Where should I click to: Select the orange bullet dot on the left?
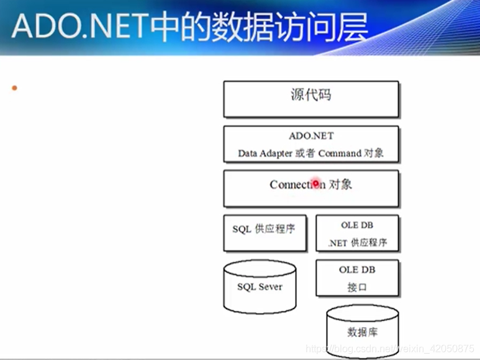point(14,88)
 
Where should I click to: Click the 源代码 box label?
point(310,95)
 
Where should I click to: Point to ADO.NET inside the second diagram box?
point(311,136)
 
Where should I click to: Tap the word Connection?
point(297,184)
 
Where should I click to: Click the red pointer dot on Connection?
point(316,183)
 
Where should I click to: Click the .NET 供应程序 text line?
point(357,242)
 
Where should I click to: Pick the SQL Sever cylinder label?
point(260,287)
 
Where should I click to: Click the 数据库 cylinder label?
point(363,332)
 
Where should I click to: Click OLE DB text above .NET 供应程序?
point(357,225)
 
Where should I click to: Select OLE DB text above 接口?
point(357,270)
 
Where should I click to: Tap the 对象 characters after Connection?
point(341,184)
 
